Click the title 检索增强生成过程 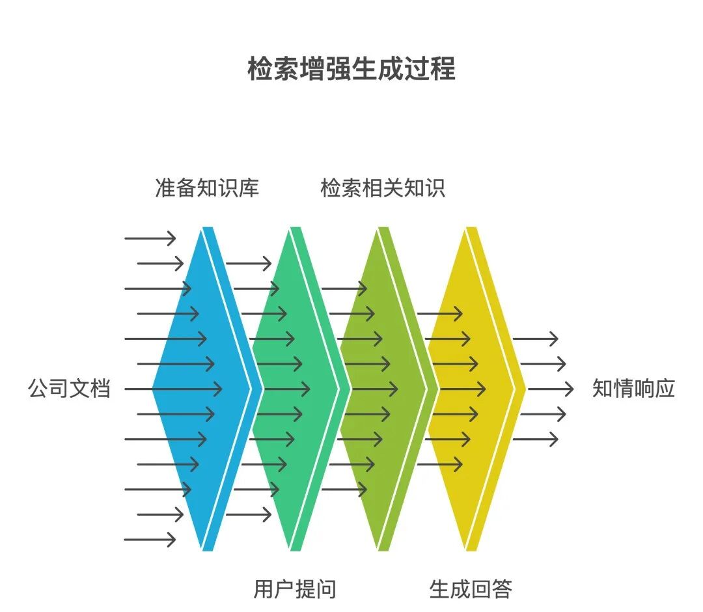pyautogui.click(x=351, y=68)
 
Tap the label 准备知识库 pyautogui.click(x=207, y=188)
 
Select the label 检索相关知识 pyautogui.click(x=383, y=188)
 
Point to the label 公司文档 pyautogui.click(x=69, y=389)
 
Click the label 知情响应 pyautogui.click(x=633, y=389)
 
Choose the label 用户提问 pyautogui.click(x=295, y=589)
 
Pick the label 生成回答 pyautogui.click(x=471, y=589)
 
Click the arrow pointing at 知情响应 pyautogui.click(x=550, y=389)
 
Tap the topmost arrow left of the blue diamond pyautogui.click(x=150, y=238)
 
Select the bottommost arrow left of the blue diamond pyautogui.click(x=150, y=539)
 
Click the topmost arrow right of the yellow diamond pyautogui.click(x=535, y=339)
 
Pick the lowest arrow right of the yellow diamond pyautogui.click(x=535, y=439)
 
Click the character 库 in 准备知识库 pyautogui.click(x=249, y=188)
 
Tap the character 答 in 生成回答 pyautogui.click(x=502, y=589)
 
